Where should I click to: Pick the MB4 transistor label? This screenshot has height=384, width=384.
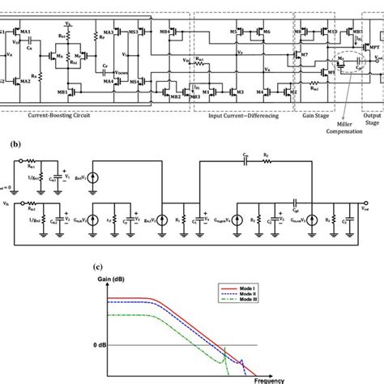tap(165, 32)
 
